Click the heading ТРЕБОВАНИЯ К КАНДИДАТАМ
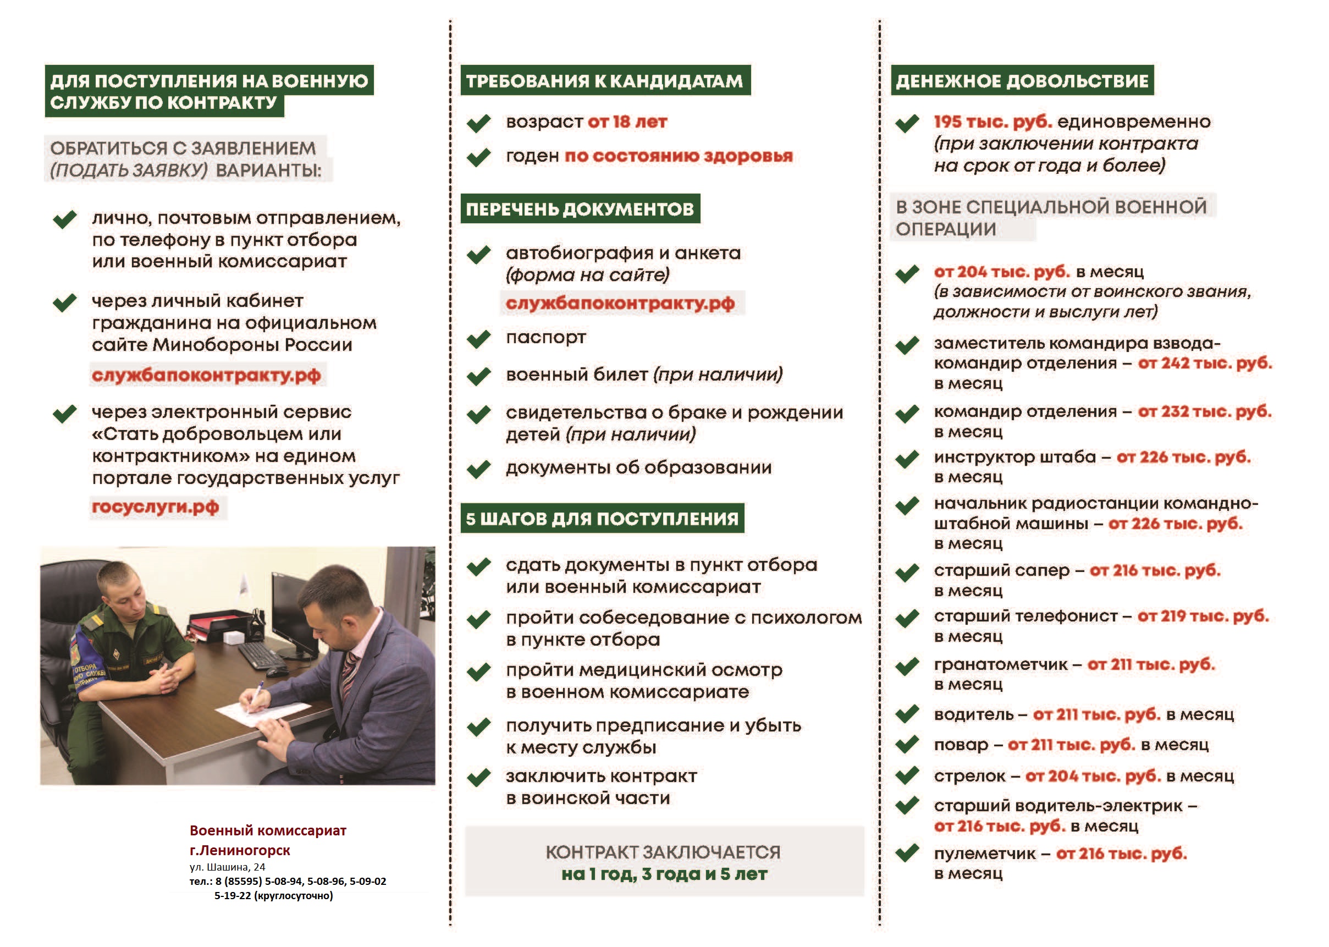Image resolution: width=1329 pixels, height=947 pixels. click(x=604, y=81)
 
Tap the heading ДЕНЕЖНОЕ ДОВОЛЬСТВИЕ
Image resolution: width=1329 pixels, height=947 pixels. click(x=1022, y=81)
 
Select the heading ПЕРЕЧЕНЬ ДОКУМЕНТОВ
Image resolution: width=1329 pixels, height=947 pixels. click(x=580, y=210)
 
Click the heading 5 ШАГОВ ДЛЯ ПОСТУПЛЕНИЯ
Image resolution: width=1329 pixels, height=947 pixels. click(x=602, y=519)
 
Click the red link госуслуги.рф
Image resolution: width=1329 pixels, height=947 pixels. click(x=156, y=506)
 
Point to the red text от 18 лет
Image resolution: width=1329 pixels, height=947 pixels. click(x=627, y=122)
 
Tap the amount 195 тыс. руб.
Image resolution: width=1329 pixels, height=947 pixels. click(x=992, y=122)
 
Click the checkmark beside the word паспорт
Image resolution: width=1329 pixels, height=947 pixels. click(x=478, y=339)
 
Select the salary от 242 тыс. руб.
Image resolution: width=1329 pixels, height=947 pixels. click(x=1205, y=363)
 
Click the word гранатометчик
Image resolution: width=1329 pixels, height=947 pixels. click(x=1000, y=664)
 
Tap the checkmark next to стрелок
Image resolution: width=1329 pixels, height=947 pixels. click(x=907, y=775)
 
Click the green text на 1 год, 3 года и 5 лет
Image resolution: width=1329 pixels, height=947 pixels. click(x=664, y=874)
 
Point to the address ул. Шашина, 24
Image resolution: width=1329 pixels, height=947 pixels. click(x=227, y=867)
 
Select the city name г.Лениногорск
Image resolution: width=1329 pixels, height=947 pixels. click(x=240, y=850)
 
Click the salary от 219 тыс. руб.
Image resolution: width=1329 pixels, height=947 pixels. click(x=1203, y=616)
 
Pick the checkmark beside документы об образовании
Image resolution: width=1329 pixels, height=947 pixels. click(x=478, y=469)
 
